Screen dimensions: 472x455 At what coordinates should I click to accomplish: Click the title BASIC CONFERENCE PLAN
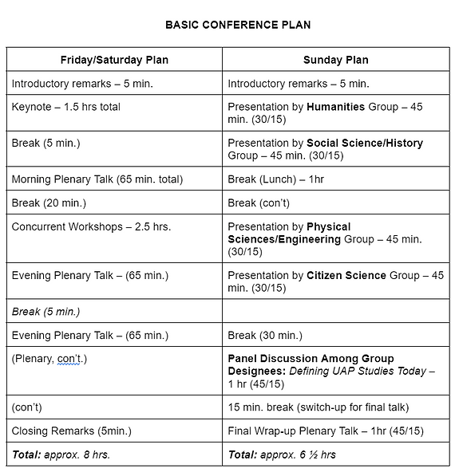pyautogui.click(x=238, y=25)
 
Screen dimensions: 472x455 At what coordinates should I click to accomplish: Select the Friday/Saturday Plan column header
pyautogui.click(x=114, y=60)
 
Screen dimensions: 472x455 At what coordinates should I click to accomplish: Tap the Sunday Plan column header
pyautogui.click(x=335, y=60)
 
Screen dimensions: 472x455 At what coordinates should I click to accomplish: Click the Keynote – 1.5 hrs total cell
pyautogui.click(x=65, y=106)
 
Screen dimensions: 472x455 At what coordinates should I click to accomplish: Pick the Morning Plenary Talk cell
pyautogui.click(x=97, y=179)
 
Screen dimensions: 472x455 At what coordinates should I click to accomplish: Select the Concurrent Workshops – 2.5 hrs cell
pyautogui.click(x=91, y=226)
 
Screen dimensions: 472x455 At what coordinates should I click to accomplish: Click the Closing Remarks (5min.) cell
pyautogui.click(x=71, y=431)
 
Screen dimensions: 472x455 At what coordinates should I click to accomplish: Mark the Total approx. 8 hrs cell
pyautogui.click(x=61, y=454)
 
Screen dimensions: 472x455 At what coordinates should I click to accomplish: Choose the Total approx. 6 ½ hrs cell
pyautogui.click(x=282, y=454)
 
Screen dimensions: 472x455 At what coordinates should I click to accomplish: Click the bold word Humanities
pyautogui.click(x=335, y=106)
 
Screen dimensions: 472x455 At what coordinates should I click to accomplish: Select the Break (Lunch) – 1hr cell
pyautogui.click(x=275, y=179)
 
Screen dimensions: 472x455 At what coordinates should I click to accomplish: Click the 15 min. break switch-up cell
pyautogui.click(x=318, y=407)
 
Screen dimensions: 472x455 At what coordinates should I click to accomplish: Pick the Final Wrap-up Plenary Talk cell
pyautogui.click(x=325, y=431)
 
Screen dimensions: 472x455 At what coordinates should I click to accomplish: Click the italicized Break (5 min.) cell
pyautogui.click(x=45, y=311)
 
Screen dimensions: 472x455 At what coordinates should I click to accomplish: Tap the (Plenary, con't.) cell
pyautogui.click(x=49, y=358)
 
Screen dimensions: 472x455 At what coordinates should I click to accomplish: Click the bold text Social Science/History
pyautogui.click(x=365, y=144)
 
